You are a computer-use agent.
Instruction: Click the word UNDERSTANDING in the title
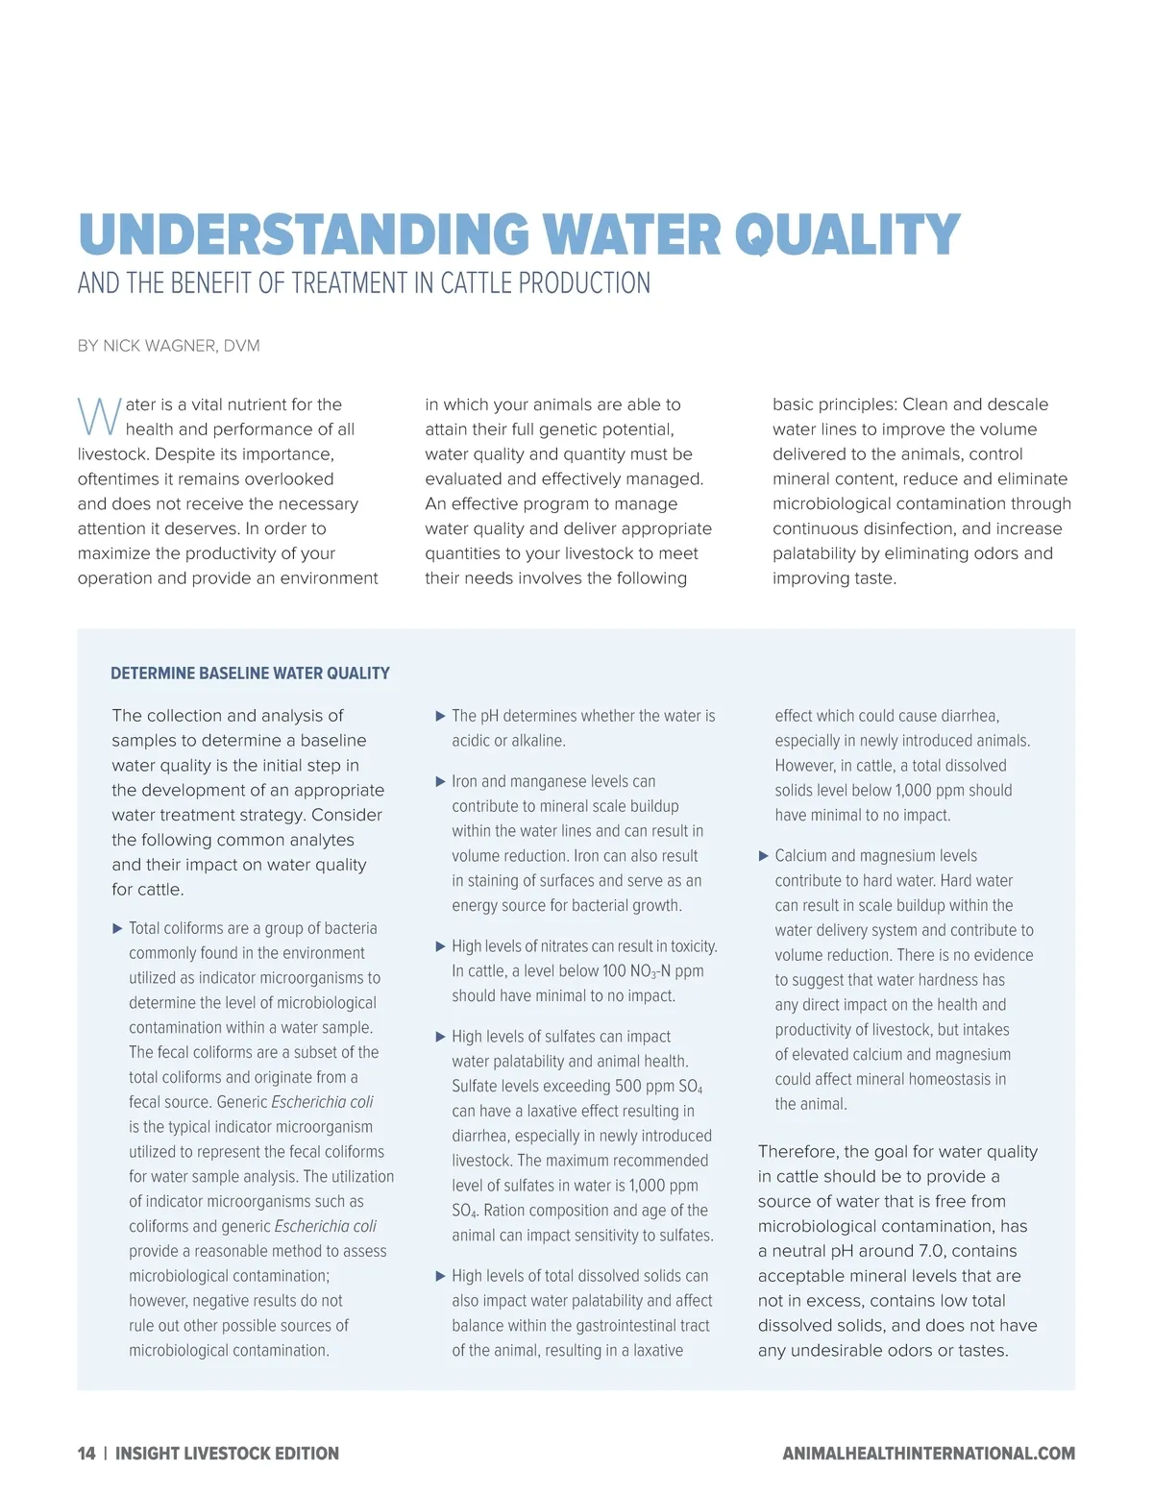[x=304, y=235]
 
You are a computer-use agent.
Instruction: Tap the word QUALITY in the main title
[x=847, y=235]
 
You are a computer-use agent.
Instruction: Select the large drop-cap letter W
[x=99, y=416]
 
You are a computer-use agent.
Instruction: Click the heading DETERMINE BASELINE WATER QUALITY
[x=250, y=674]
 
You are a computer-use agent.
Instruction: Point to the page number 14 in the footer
[x=86, y=1454]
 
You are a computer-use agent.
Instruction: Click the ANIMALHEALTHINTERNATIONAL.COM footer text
[x=928, y=1454]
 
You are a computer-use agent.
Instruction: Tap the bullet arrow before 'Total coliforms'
[x=118, y=929]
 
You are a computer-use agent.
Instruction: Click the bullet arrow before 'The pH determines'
[x=441, y=717]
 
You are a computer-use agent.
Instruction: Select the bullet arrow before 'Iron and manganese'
[x=441, y=782]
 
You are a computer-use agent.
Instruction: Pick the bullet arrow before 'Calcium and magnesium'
[x=764, y=856]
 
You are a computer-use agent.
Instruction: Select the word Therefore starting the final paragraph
[x=797, y=1152]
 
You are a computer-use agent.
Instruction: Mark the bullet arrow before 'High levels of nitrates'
[x=441, y=947]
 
